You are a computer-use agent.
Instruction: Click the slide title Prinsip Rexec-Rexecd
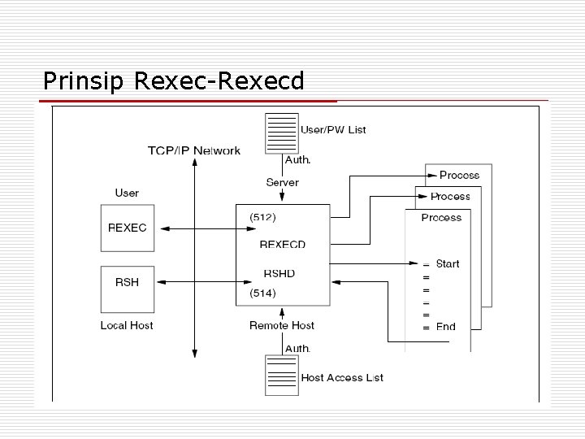pyautogui.click(x=173, y=81)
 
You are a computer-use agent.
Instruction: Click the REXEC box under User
pyautogui.click(x=128, y=228)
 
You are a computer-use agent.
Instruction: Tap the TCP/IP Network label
pyautogui.click(x=193, y=150)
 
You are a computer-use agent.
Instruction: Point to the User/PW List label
pyautogui.click(x=333, y=129)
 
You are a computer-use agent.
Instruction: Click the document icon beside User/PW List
pyautogui.click(x=281, y=133)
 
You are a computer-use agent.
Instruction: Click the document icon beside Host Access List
pyautogui.click(x=281, y=375)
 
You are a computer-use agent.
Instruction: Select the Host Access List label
pyautogui.click(x=342, y=377)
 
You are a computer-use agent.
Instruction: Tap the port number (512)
pyautogui.click(x=262, y=217)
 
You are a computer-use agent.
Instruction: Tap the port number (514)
pyautogui.click(x=262, y=293)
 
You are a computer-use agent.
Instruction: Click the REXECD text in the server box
pyautogui.click(x=282, y=244)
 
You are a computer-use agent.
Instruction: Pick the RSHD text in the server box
pyautogui.click(x=279, y=273)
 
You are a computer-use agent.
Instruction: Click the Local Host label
pyautogui.click(x=127, y=325)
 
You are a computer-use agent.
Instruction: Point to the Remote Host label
pyautogui.click(x=282, y=325)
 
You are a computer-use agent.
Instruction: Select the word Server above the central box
pyautogui.click(x=282, y=182)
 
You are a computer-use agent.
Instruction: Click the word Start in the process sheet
pyautogui.click(x=447, y=263)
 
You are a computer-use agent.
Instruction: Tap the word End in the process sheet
pyautogui.click(x=445, y=327)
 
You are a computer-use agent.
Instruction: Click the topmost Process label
pyautogui.click(x=459, y=175)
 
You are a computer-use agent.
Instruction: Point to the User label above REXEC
pyautogui.click(x=127, y=193)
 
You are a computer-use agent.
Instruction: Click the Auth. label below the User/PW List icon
pyautogui.click(x=297, y=160)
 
